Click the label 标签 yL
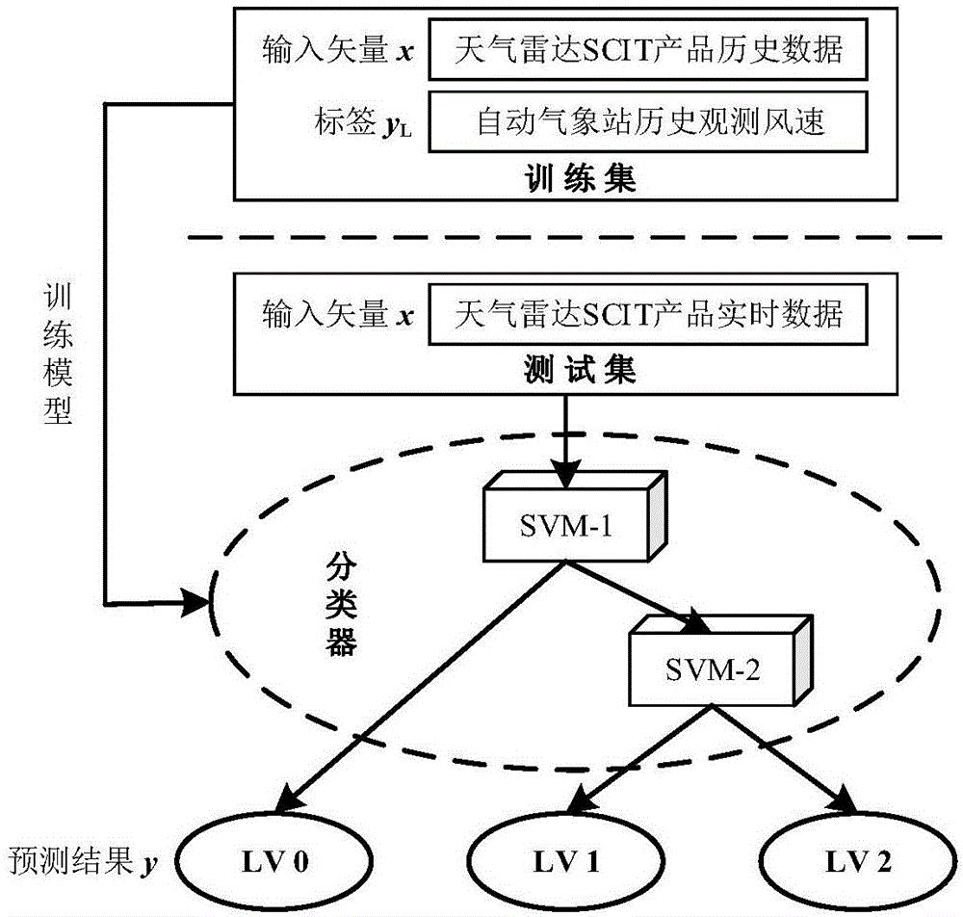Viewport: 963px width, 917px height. (x=376, y=122)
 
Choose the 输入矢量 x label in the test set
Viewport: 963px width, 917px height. (x=337, y=314)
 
